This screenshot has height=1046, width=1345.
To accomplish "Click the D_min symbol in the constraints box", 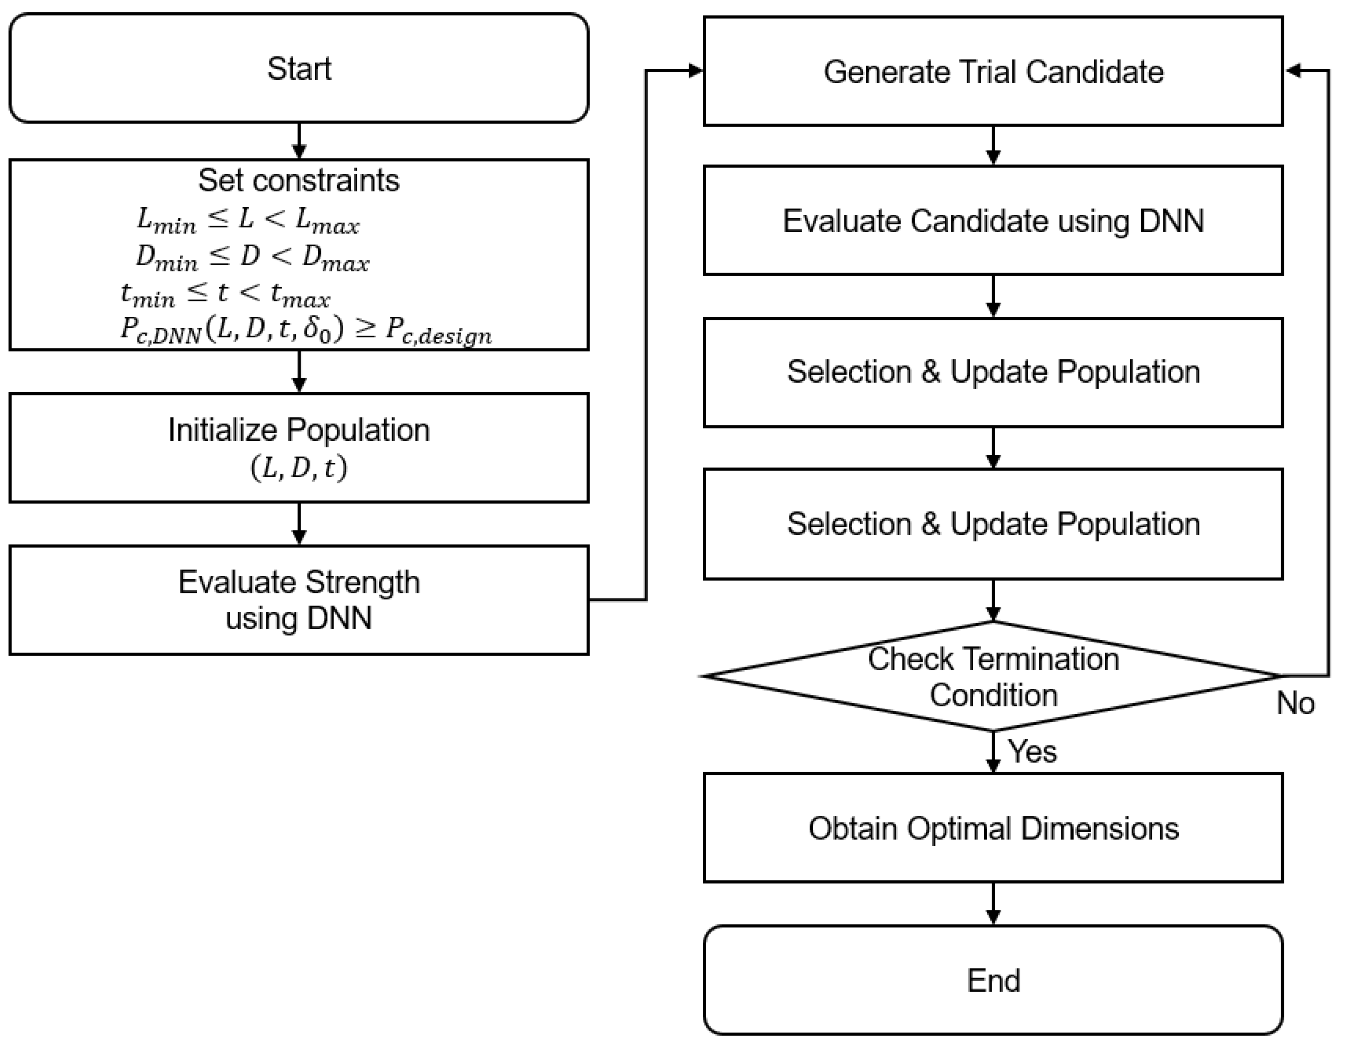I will (166, 257).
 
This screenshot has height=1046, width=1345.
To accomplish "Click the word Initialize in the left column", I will (223, 430).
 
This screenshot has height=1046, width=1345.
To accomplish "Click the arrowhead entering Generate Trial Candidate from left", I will (696, 71).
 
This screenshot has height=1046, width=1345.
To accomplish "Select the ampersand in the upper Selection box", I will (931, 372).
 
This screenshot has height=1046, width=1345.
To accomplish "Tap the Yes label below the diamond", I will (1032, 752).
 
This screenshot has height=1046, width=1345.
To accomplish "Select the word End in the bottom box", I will (993, 980).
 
